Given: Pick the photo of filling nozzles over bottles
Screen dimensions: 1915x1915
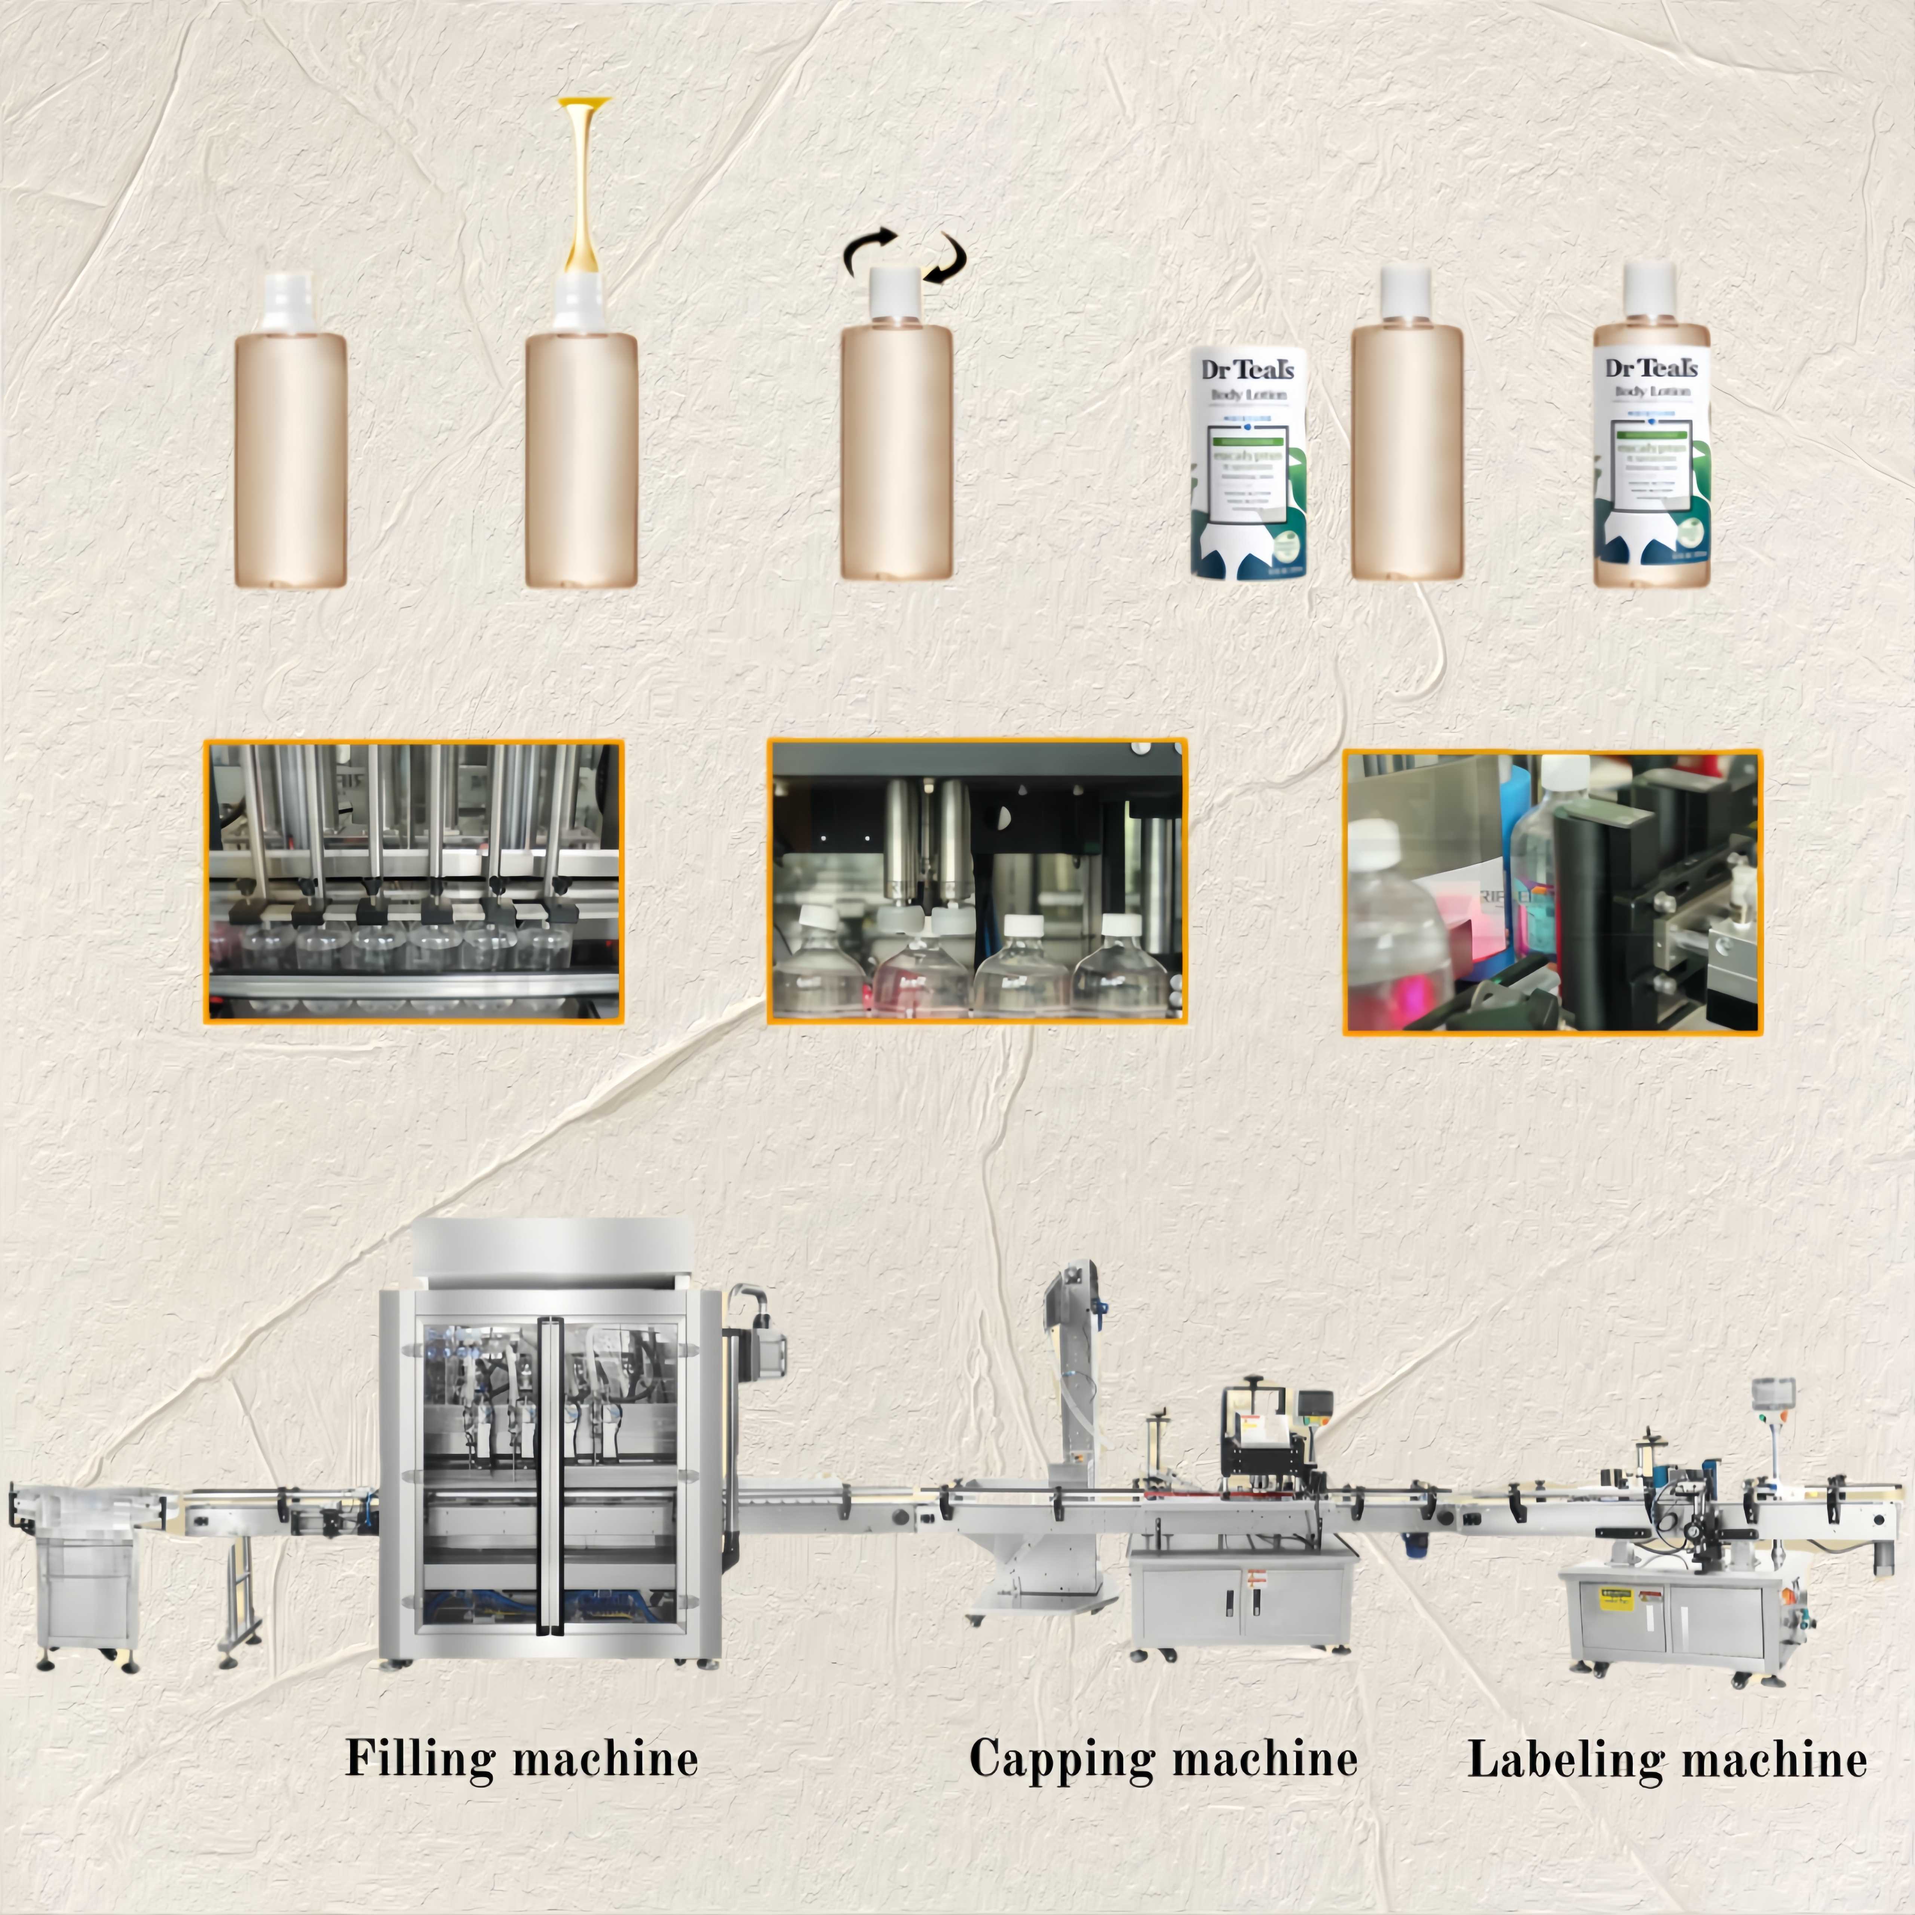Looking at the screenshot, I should pyautogui.click(x=413, y=881).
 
